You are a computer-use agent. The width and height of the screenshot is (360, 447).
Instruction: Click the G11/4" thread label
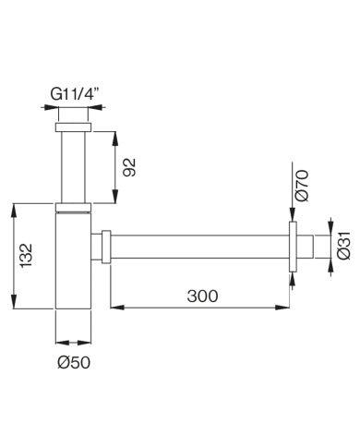pyautogui.click(x=75, y=92)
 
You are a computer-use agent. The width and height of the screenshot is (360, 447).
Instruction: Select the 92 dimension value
pyautogui.click(x=130, y=166)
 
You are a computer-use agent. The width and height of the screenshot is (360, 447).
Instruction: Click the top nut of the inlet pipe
pyautogui.click(x=74, y=127)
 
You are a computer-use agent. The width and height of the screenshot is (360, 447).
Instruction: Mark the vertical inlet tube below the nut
pyautogui.click(x=74, y=166)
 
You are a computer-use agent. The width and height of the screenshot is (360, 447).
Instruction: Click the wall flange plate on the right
pyautogui.click(x=291, y=247)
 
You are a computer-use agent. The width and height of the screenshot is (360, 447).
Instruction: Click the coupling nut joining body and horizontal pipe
pyautogui.click(x=106, y=247)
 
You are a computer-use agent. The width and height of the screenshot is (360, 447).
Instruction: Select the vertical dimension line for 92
pyautogui.click(x=115, y=166)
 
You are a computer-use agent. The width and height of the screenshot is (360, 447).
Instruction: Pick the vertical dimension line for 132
pyautogui.click(x=14, y=260)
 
